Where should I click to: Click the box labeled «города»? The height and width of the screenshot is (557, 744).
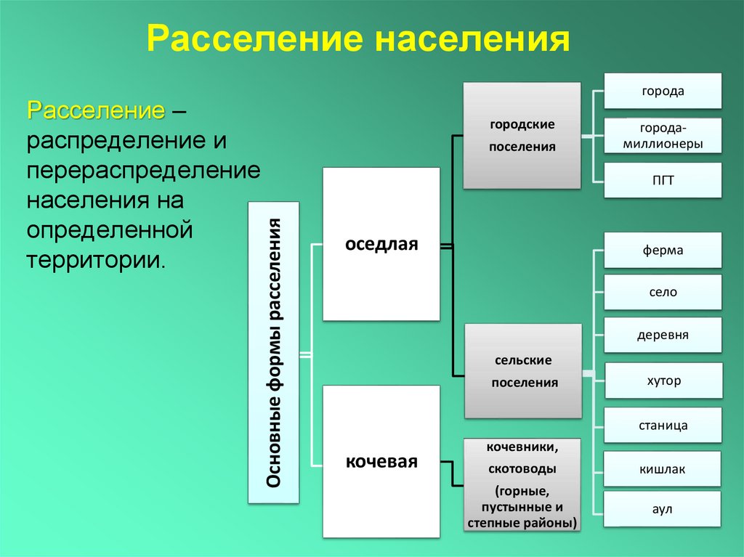pyautogui.click(x=663, y=92)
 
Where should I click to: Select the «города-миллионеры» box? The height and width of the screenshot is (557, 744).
pyautogui.click(x=663, y=136)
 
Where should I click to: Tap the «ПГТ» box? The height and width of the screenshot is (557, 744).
pyautogui.click(x=663, y=180)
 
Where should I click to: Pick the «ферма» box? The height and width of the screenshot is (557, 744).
pyautogui.click(x=663, y=251)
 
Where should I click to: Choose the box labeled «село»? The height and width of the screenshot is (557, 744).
pyautogui.click(x=663, y=293)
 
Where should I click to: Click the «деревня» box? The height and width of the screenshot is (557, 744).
pyautogui.click(x=663, y=336)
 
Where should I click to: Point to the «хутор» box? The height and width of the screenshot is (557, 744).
pyautogui.click(x=663, y=381)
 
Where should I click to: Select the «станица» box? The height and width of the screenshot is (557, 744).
pyautogui.click(x=663, y=425)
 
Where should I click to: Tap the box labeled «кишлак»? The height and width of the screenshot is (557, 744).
pyautogui.click(x=663, y=469)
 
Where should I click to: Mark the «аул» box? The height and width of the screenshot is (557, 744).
pyautogui.click(x=663, y=509)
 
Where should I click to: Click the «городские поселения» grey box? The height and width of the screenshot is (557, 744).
pyautogui.click(x=522, y=136)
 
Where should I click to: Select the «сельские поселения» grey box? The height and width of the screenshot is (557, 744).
pyautogui.click(x=523, y=371)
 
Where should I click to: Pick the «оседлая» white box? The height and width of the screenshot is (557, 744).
pyautogui.click(x=381, y=244)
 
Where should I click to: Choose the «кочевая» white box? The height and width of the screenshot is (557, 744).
pyautogui.click(x=381, y=461)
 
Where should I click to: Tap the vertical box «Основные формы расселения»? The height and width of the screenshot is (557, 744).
pyautogui.click(x=274, y=352)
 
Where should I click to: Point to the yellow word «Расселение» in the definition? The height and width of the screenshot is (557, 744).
pyautogui.click(x=95, y=112)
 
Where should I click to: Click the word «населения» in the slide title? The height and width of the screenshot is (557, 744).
pyautogui.click(x=472, y=39)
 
